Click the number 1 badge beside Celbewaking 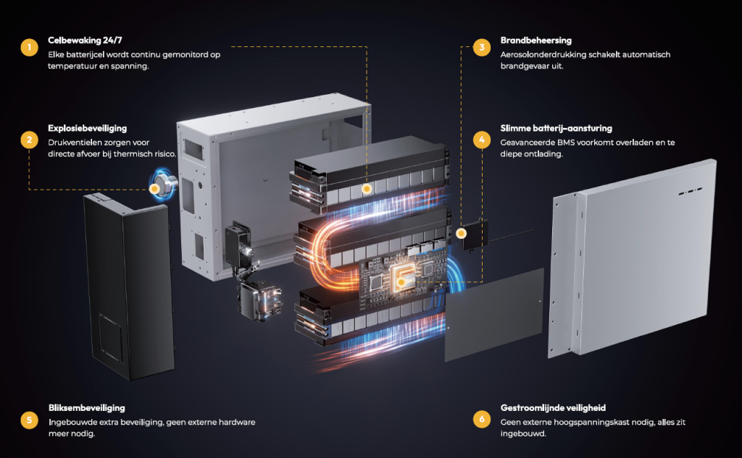coord(28,48)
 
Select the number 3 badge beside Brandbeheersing coord(482,48)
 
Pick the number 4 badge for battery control coord(482,140)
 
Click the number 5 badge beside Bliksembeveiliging coord(28,419)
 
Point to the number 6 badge coord(482,419)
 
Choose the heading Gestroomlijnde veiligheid coord(552,408)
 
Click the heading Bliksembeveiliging coord(86,408)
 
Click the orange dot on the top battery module coord(367,189)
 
